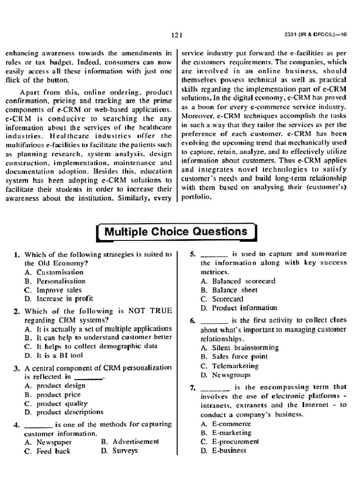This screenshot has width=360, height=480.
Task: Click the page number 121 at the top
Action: tap(176, 35)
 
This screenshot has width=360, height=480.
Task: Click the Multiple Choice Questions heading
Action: tap(176, 232)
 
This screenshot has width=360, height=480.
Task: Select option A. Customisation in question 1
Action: tap(54, 272)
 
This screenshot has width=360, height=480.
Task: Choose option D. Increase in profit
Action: tap(59, 299)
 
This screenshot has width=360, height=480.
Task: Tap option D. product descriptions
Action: tap(64, 412)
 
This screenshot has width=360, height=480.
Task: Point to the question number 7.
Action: tap(192, 387)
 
